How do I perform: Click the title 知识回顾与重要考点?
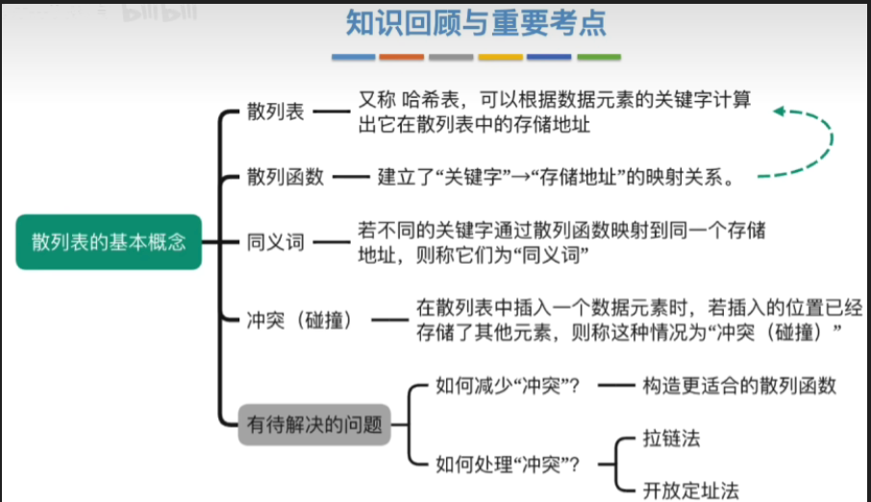tap(476, 22)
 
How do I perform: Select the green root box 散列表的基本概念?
tap(108, 241)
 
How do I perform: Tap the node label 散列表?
tap(275, 112)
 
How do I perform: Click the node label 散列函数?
tap(286, 177)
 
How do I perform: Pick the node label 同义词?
tap(275, 241)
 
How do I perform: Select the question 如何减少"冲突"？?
tap(508, 386)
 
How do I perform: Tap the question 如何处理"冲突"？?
tap(508, 464)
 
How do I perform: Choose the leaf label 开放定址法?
tap(690, 489)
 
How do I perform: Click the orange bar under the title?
tap(402, 58)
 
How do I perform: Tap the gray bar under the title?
tap(451, 58)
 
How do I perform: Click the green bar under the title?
tap(599, 58)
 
